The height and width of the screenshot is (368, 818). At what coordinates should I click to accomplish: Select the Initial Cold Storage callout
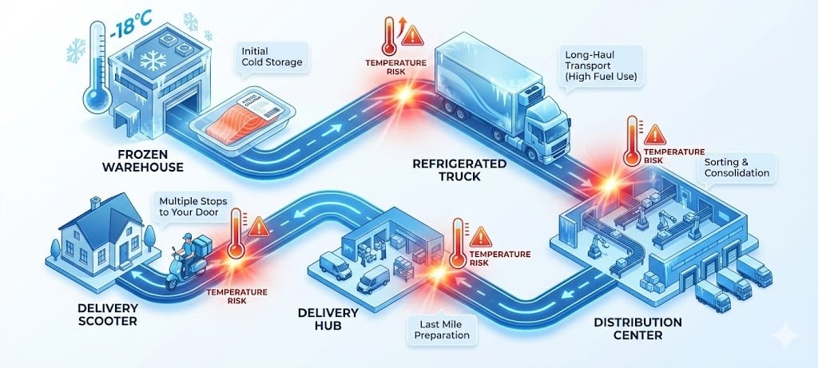coord(272,56)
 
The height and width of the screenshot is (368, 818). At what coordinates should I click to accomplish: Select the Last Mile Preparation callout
coord(436,330)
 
